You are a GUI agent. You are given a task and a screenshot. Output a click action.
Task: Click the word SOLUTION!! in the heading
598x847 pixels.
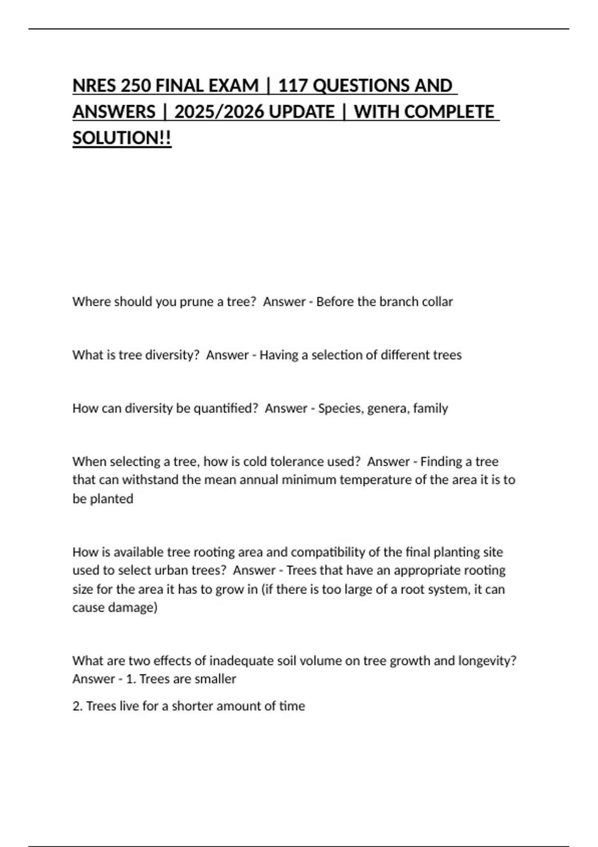tap(122, 138)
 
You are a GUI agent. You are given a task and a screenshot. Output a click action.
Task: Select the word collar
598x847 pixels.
tap(437, 302)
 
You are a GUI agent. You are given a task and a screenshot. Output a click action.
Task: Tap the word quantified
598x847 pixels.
tap(225, 409)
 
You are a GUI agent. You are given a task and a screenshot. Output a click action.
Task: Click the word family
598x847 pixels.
tap(431, 409)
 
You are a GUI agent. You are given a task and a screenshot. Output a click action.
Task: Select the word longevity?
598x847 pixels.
tap(487, 661)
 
